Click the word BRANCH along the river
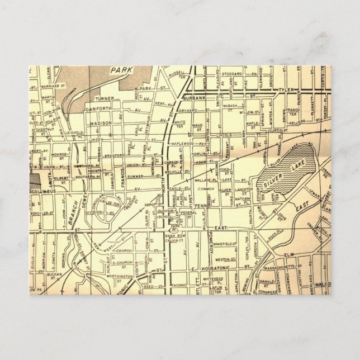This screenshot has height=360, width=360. pos(73,215)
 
